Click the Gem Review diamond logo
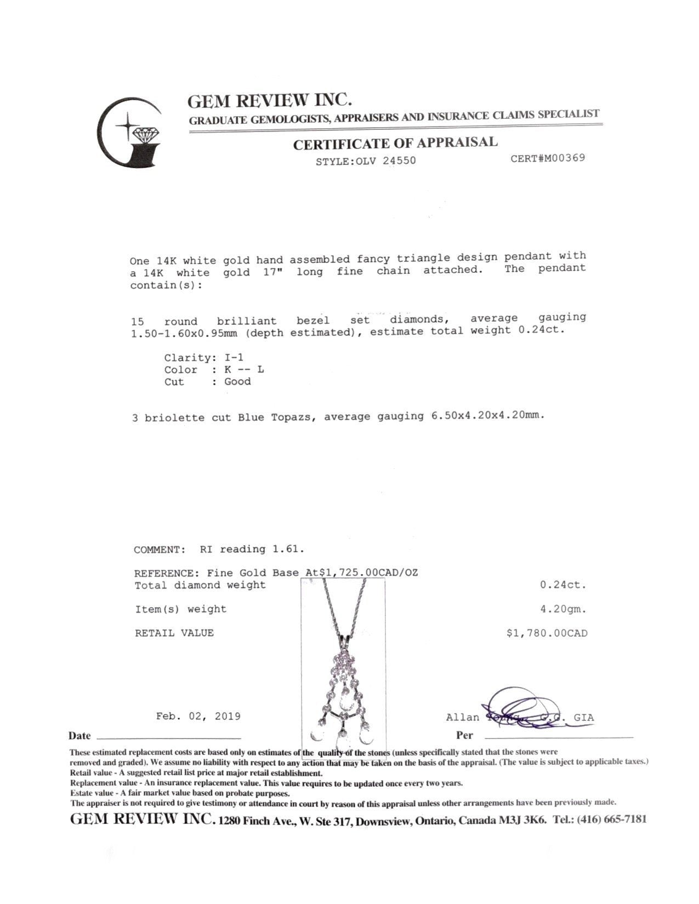pos(130,133)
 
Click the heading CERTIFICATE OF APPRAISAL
pos(395,144)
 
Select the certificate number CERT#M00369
pos(547,158)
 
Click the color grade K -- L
pos(244,370)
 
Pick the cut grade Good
pos(237,382)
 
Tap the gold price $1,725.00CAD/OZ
pos(362,573)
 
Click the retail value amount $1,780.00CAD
pos(547,633)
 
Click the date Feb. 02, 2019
pos(198,716)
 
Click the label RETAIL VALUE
pos(174,633)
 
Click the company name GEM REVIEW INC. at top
pos(269,100)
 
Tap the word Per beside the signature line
pos(464,735)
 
